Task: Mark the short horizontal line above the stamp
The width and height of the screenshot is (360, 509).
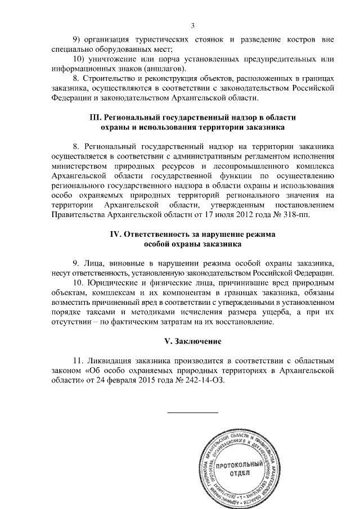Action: tap(193, 413)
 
